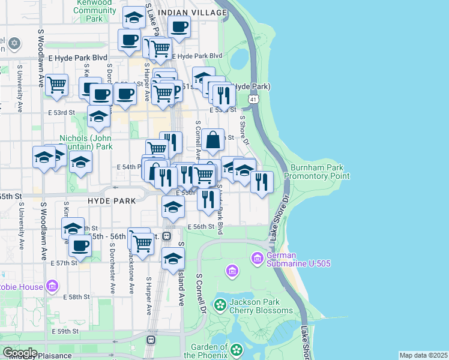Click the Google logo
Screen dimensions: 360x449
[x=19, y=353]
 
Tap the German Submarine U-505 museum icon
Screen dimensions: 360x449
[x=258, y=258]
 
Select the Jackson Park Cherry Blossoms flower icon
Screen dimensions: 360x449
[x=221, y=305]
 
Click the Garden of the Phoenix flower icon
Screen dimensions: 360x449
[x=237, y=349]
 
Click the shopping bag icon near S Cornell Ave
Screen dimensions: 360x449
[x=212, y=140]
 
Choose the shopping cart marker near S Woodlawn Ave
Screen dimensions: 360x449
[x=57, y=85]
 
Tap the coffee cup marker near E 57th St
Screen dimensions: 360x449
[x=79, y=245]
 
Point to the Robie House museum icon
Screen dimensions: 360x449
[x=52, y=286]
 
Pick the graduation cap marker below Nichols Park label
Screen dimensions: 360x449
[x=80, y=162]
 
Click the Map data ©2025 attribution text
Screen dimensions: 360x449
[x=423, y=355]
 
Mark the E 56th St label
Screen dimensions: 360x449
[x=200, y=227]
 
